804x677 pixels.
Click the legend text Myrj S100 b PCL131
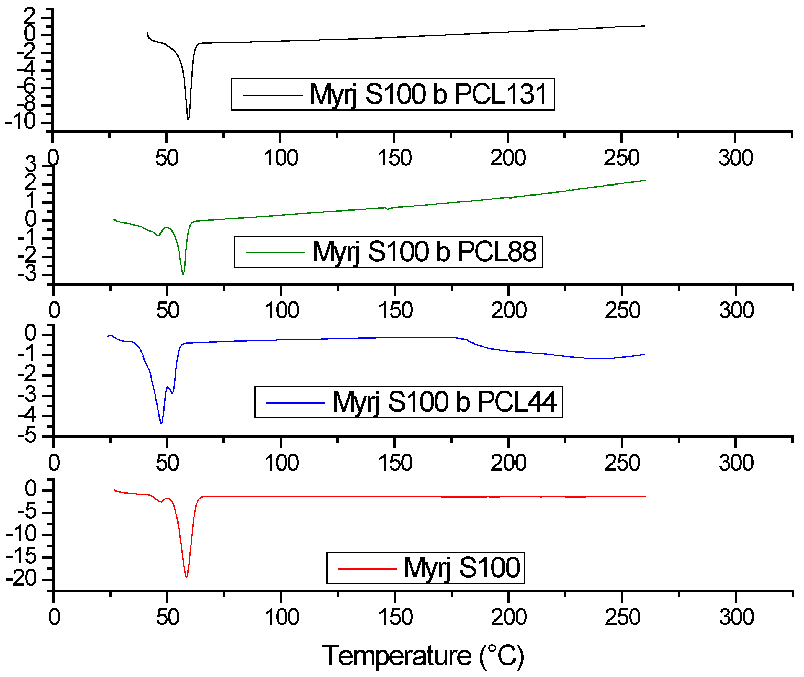point(428,94)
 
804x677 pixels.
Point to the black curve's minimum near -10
point(188,119)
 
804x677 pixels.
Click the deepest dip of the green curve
point(183,274)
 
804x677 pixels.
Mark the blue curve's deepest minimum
point(161,423)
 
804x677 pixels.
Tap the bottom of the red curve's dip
point(186,576)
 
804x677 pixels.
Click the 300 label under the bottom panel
point(736,617)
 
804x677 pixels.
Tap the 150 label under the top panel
point(394,158)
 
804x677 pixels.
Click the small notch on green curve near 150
point(388,209)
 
